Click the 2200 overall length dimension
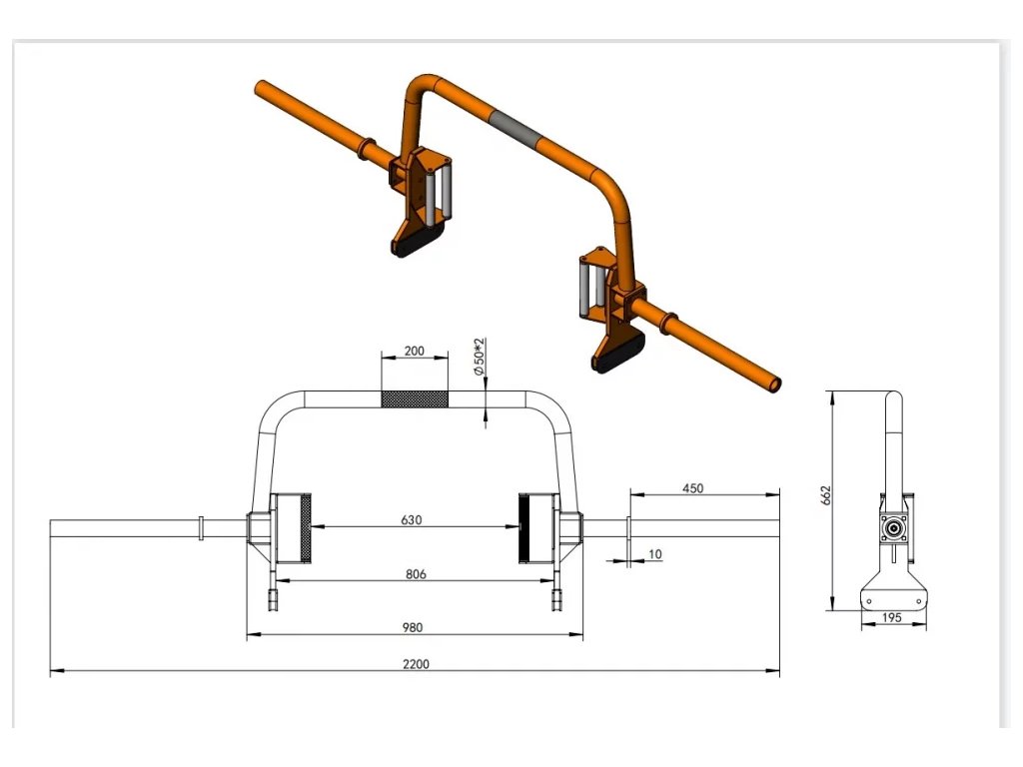point(416,664)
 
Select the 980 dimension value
point(413,627)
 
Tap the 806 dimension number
point(416,574)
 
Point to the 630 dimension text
point(411,519)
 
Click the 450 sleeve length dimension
point(693,487)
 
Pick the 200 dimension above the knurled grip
point(415,351)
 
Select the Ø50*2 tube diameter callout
point(480,357)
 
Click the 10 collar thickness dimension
point(655,553)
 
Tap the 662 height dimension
point(826,495)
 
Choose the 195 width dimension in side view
point(891,617)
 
